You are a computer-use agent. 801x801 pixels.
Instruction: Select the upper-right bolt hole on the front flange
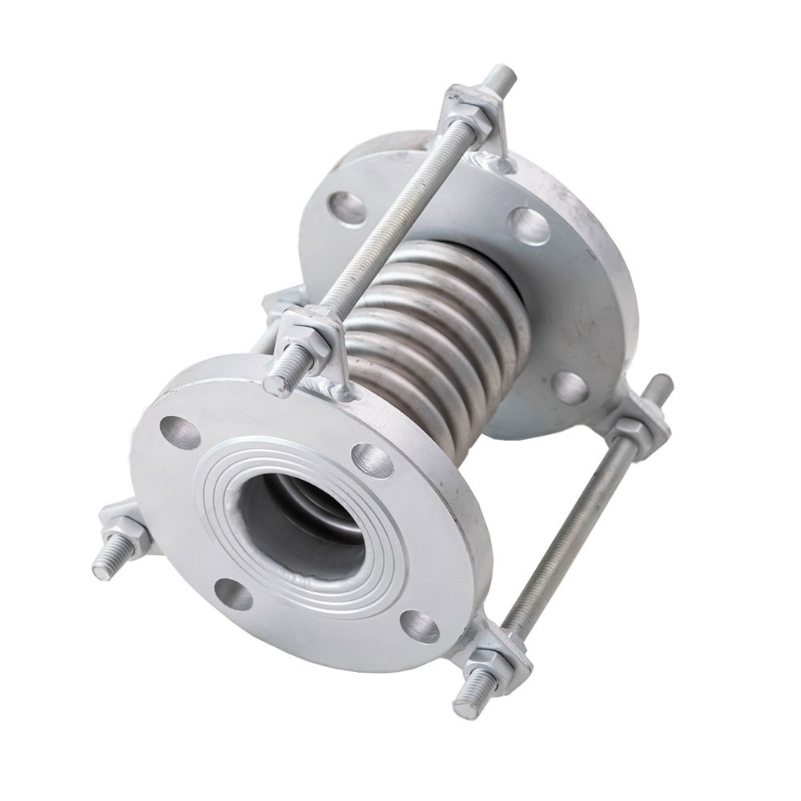pos(372,460)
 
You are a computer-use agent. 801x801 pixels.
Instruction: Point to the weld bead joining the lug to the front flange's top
pos(332,389)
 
